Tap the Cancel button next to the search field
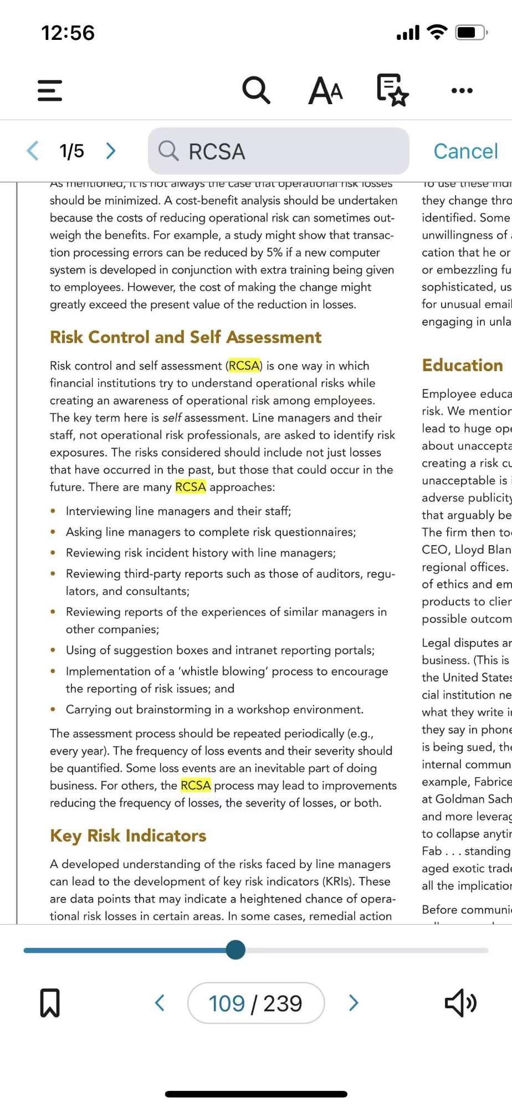pyautogui.click(x=465, y=151)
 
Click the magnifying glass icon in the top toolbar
pyautogui.click(x=256, y=90)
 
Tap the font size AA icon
pyautogui.click(x=325, y=90)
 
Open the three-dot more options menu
pyautogui.click(x=462, y=90)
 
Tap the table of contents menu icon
pyautogui.click(x=50, y=90)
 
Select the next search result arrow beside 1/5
pyautogui.click(x=111, y=151)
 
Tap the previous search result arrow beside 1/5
pyautogui.click(x=33, y=151)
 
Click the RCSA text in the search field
pyautogui.click(x=217, y=152)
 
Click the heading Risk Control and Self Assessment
pyautogui.click(x=186, y=337)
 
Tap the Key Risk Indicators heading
pyautogui.click(x=128, y=835)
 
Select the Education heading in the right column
pyautogui.click(x=462, y=365)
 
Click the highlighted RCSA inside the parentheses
pyautogui.click(x=244, y=366)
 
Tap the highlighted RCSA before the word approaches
pyautogui.click(x=190, y=487)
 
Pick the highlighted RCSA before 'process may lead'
pyautogui.click(x=196, y=785)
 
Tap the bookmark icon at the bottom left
pyautogui.click(x=50, y=1003)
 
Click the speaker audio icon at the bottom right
pyautogui.click(x=460, y=1003)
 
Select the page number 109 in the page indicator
pyautogui.click(x=227, y=1003)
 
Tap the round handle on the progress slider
pyautogui.click(x=235, y=950)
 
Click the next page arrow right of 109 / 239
pyautogui.click(x=354, y=1003)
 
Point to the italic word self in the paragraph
pyautogui.click(x=172, y=418)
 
